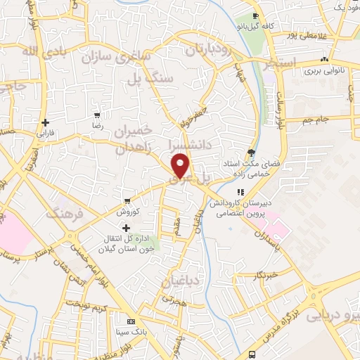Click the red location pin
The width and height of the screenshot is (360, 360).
click(181, 166)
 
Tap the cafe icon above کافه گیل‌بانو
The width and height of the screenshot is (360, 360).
click(256, 15)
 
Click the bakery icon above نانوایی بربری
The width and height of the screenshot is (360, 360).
click(323, 60)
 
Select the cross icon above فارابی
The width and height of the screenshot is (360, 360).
click(45, 122)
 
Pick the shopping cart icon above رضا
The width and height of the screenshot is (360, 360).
click(98, 115)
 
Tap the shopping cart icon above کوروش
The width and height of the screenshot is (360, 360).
click(127, 200)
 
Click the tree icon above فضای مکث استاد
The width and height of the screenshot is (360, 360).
click(251, 152)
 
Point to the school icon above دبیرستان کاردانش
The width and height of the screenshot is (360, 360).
click(240, 191)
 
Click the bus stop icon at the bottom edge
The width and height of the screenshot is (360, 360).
click(252, 355)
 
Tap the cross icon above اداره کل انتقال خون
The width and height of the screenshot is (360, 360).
click(127, 227)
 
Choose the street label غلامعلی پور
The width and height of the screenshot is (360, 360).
click(307, 34)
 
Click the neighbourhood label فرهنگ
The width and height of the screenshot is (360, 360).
click(65, 213)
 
